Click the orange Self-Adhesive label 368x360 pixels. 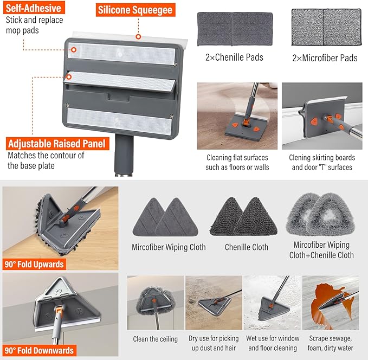[x=34, y=8]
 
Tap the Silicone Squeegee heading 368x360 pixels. [x=135, y=10]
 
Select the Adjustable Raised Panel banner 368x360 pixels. [x=57, y=144]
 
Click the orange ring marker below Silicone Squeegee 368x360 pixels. [x=138, y=37]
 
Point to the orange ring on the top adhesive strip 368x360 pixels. [x=74, y=50]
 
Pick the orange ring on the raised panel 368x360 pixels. [x=69, y=77]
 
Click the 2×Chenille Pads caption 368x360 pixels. [x=234, y=57]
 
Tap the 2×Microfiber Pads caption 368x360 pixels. [x=325, y=58]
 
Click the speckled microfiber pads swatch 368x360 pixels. [x=326, y=27]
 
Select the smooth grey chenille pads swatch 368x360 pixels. [x=235, y=29]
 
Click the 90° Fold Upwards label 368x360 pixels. [x=34, y=265]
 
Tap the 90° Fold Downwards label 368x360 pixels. [x=39, y=351]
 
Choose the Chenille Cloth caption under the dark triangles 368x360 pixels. [x=247, y=247]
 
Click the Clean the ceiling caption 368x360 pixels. [x=155, y=339]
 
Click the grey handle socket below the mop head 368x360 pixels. [x=124, y=155]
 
